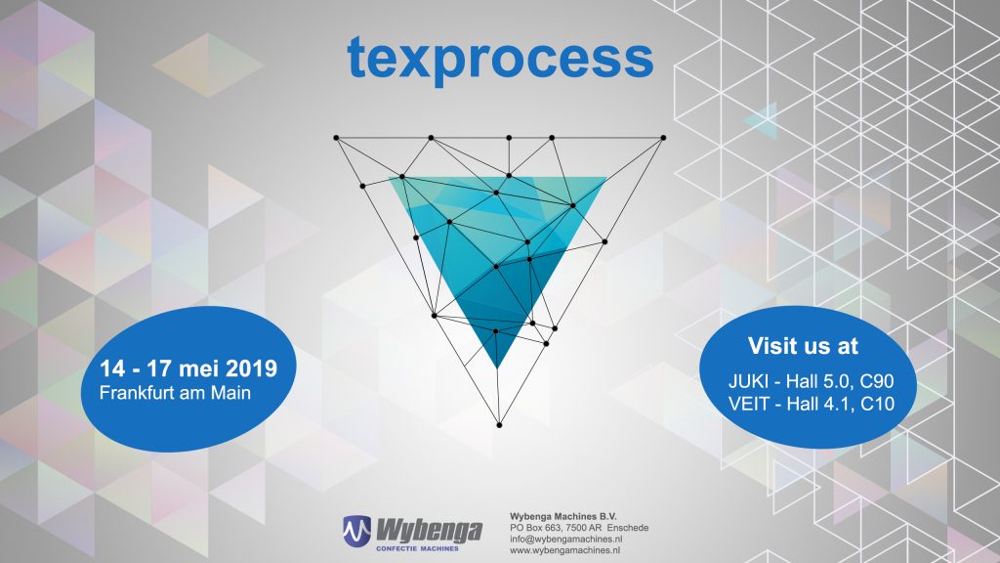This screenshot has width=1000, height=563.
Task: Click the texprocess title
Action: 501,60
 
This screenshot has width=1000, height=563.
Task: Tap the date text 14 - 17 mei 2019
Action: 188,368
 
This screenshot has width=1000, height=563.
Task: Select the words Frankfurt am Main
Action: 175,393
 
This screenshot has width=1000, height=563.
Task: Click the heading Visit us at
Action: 803,345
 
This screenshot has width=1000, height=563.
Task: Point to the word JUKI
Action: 748,382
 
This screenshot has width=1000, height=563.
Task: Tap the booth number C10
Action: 877,404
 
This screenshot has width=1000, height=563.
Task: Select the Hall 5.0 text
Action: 818,382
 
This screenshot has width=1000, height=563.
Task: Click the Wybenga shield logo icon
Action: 356,532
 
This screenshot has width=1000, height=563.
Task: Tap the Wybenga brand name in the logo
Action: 429,531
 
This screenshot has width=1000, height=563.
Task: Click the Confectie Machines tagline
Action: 417,548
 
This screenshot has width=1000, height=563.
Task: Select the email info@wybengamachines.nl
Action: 566,539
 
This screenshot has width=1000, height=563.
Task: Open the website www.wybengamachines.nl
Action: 565,550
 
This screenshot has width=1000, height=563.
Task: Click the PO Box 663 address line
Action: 579,528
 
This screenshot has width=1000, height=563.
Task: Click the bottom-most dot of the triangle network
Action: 499,425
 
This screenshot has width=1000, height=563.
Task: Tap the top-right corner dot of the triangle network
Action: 663,138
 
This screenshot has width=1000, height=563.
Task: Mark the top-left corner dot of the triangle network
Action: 336,138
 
